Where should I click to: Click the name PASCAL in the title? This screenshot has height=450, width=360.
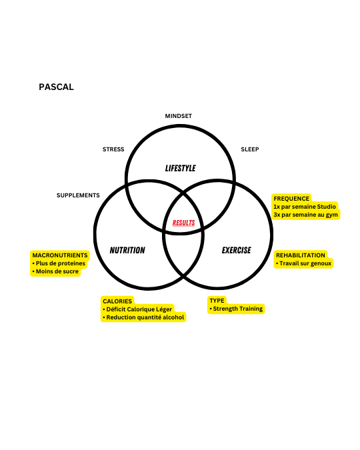point(56,87)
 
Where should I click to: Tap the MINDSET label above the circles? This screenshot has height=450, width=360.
point(178,116)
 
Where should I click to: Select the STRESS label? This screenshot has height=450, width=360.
point(113,149)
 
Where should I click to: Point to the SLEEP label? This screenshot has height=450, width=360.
point(250,149)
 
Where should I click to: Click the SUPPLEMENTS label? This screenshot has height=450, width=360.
point(78,195)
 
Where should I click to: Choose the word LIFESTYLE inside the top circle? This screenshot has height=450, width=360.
point(180,168)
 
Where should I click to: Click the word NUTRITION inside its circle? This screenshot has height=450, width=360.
point(127,250)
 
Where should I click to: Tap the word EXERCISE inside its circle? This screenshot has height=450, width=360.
point(237,250)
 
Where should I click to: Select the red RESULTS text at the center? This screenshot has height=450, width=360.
point(184,223)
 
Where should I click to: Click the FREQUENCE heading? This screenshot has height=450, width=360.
point(291,199)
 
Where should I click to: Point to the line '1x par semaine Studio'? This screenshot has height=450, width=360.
point(305,207)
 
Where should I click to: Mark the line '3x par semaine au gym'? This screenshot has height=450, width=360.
point(306,215)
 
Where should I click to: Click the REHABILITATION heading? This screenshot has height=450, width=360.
point(301,255)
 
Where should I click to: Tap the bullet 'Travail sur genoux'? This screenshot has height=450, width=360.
point(304,263)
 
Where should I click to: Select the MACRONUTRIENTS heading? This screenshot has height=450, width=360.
point(60,255)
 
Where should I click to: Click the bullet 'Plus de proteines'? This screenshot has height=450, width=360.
point(59,263)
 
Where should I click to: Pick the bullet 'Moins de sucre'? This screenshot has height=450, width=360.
point(55,271)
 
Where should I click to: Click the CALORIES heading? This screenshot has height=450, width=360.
point(117,301)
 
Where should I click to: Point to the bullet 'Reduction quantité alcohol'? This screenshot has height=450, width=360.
point(143,317)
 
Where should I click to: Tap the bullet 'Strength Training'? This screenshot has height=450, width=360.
point(236,309)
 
